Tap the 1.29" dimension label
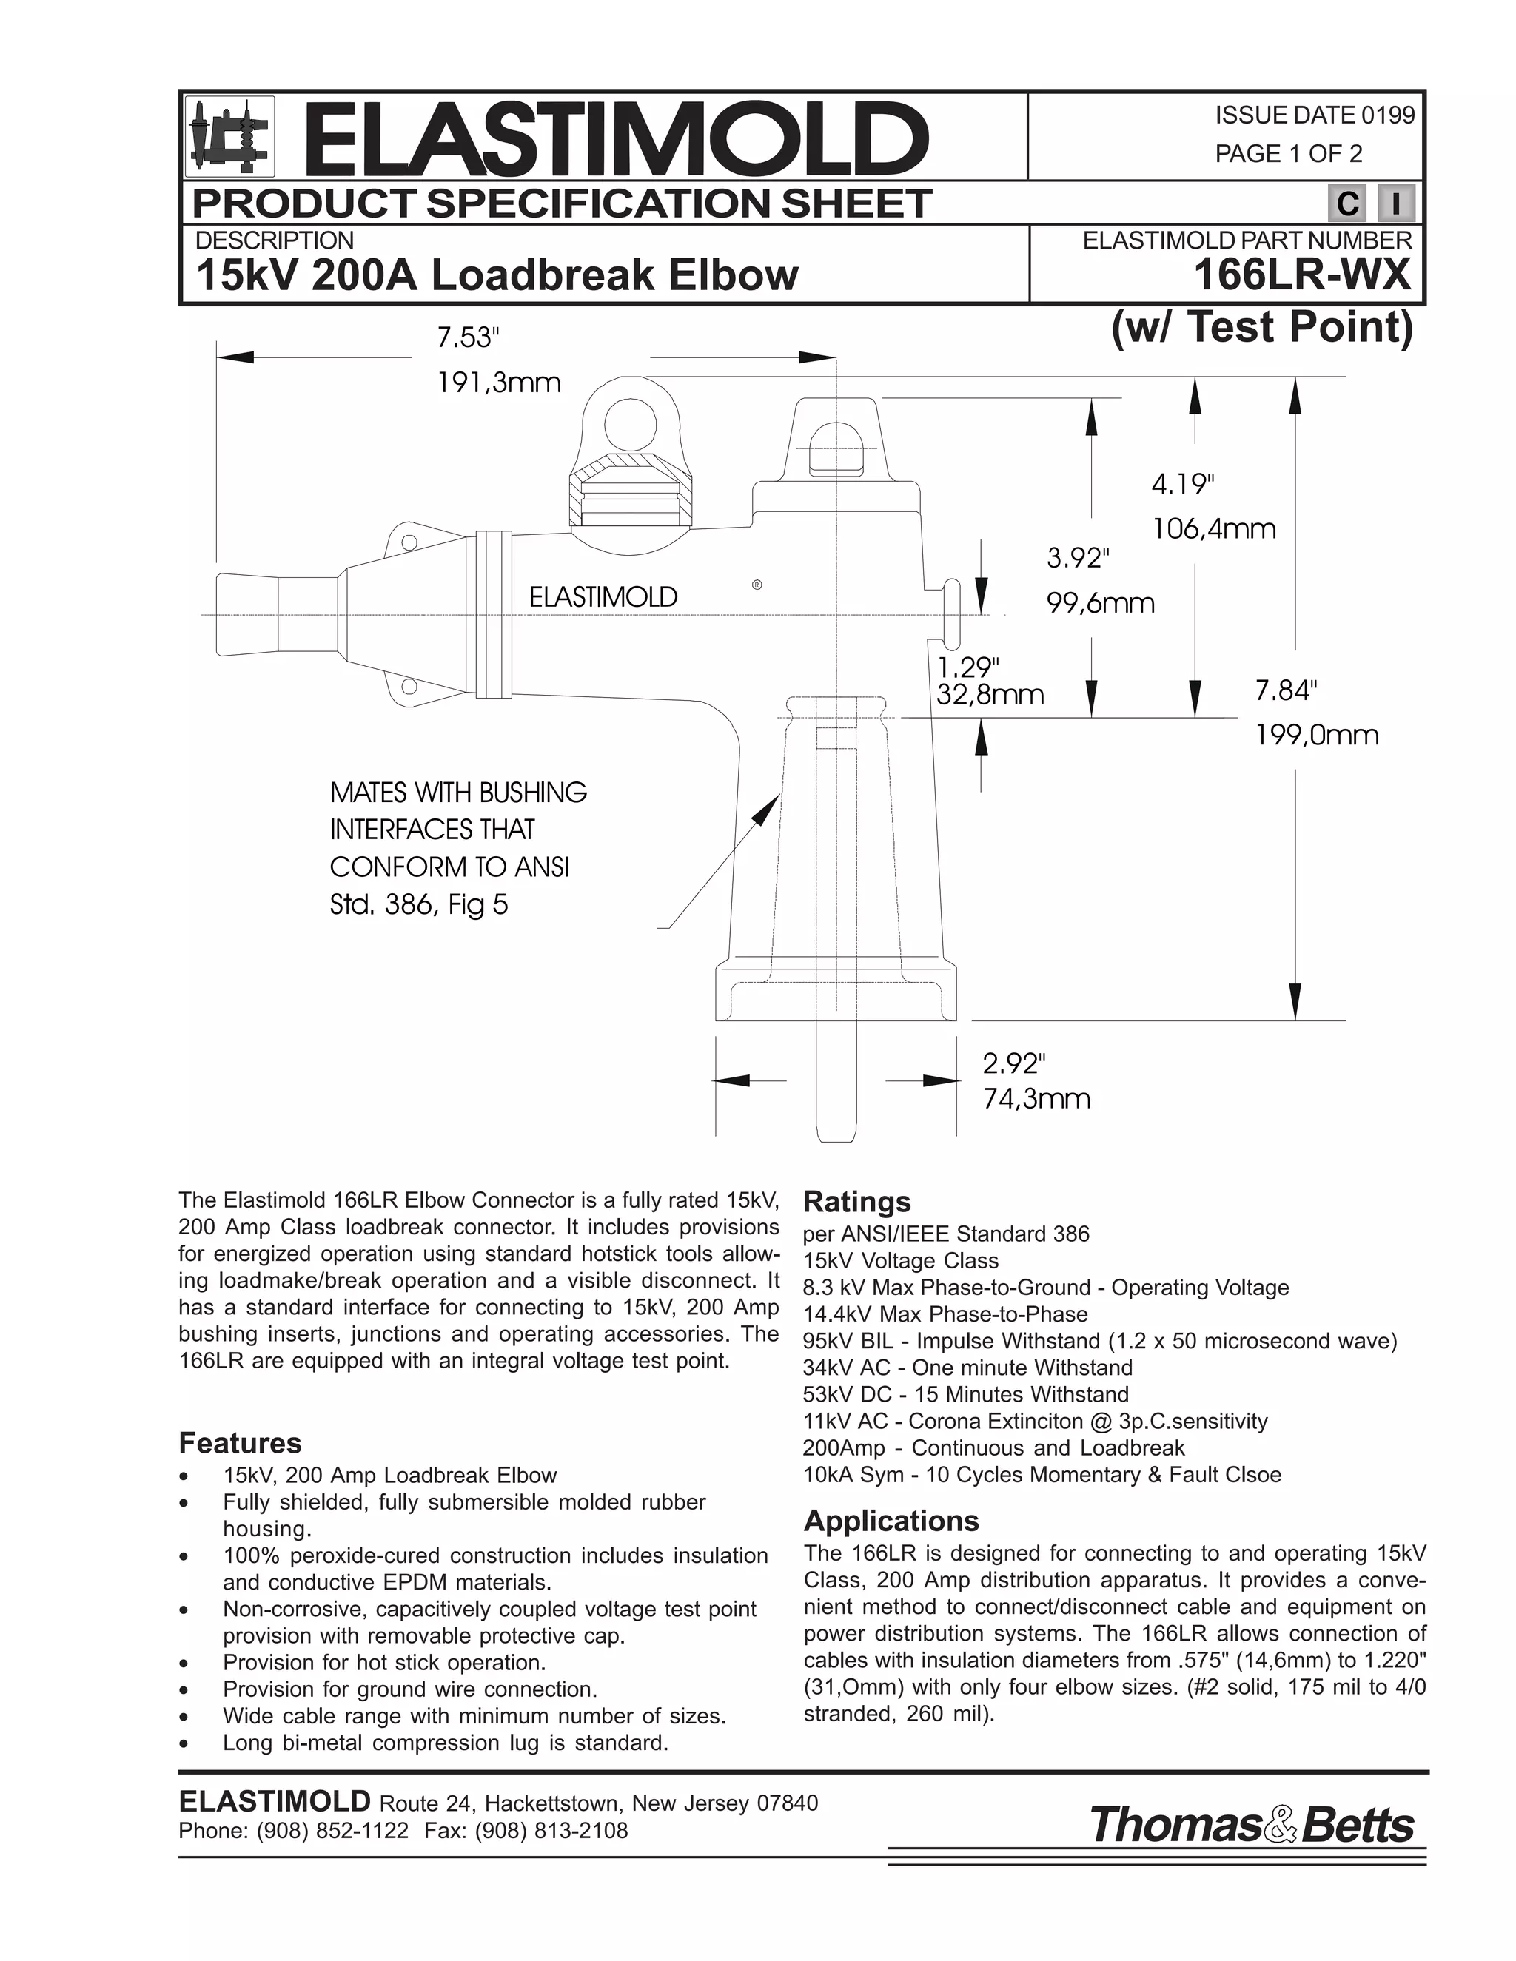968,667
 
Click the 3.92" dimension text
1079,559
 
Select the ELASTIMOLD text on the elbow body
603,597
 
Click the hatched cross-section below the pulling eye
631,492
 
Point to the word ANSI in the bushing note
542,867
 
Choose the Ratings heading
856,1201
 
